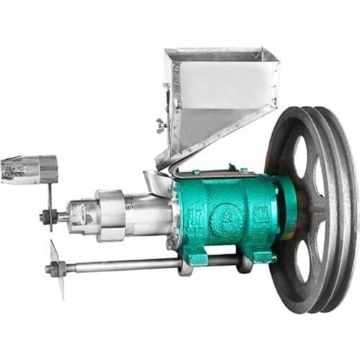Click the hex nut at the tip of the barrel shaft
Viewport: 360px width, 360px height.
pyautogui.click(x=45, y=216)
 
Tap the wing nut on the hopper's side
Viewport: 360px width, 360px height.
pyautogui.click(x=162, y=127)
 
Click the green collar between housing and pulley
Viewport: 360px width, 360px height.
pyautogui.click(x=285, y=209)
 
